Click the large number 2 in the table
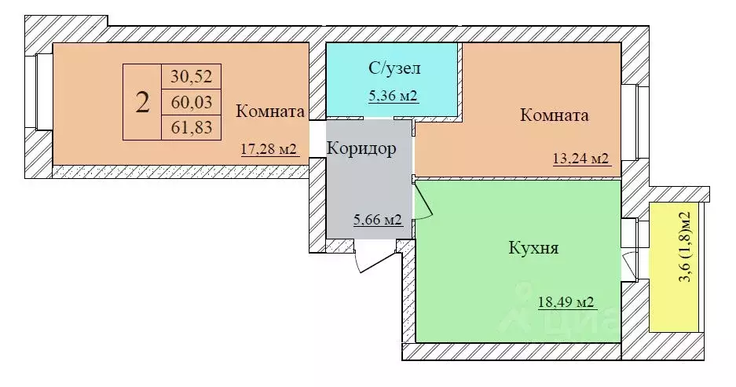coord(142,102)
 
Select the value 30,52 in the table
coord(192,77)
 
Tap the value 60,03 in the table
coord(192,102)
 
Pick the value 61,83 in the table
coord(192,127)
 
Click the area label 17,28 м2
coord(269,148)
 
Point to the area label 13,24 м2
coord(581,159)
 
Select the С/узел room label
coord(394,68)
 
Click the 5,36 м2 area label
coord(393,97)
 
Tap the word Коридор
coord(361,148)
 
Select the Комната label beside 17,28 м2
coord(269,111)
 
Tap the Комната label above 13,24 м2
coord(555,115)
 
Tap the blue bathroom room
coord(393,78)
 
